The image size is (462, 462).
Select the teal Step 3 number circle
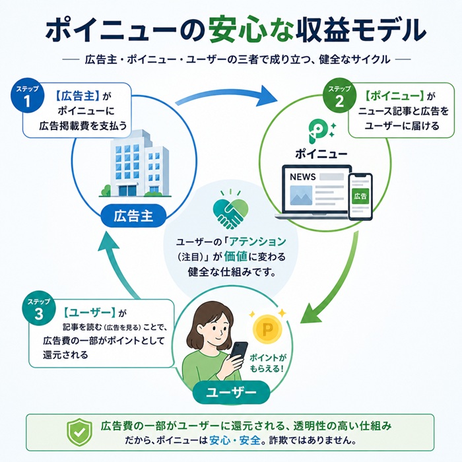click(x=38, y=310)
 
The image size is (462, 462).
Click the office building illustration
click(x=132, y=160)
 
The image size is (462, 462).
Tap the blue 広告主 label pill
click(x=133, y=215)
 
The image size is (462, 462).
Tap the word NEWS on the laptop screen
click(x=303, y=177)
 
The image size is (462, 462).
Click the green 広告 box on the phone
click(x=360, y=197)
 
